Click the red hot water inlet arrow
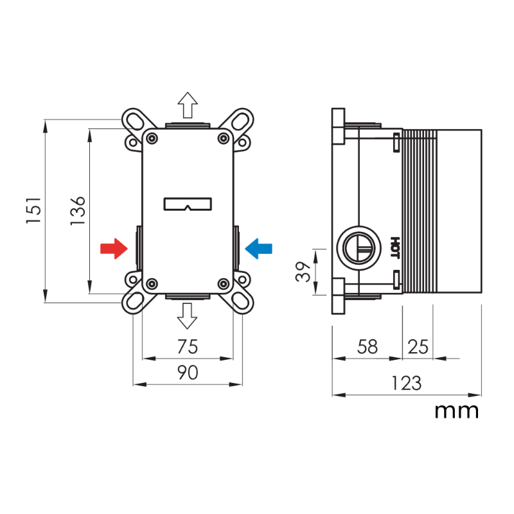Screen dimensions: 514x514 pos(114,248)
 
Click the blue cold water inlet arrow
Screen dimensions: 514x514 pos(260,247)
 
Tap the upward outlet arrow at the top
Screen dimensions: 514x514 pos(188,104)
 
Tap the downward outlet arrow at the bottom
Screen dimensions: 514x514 pos(188,315)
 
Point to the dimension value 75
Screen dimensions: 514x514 pos(187,347)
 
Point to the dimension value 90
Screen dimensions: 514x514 pos(187,373)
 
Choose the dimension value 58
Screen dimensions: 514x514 pos(367,347)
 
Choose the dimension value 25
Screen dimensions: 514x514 pos(418,347)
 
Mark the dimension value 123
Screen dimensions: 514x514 pos(406,384)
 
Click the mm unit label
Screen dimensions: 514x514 pos(457,410)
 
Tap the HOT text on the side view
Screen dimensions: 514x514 pos(395,247)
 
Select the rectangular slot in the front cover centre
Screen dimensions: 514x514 pos(188,204)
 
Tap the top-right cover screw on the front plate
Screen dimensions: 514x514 pos(223,137)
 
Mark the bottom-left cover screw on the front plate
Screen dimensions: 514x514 pos(152,283)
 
